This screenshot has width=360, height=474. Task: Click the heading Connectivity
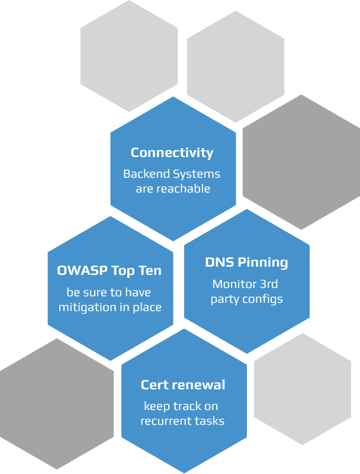(x=172, y=152)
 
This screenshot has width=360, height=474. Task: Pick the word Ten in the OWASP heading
(x=150, y=271)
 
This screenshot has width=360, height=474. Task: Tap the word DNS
(x=219, y=262)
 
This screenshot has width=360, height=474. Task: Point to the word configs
(x=262, y=299)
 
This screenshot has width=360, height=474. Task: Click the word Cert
(x=155, y=385)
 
